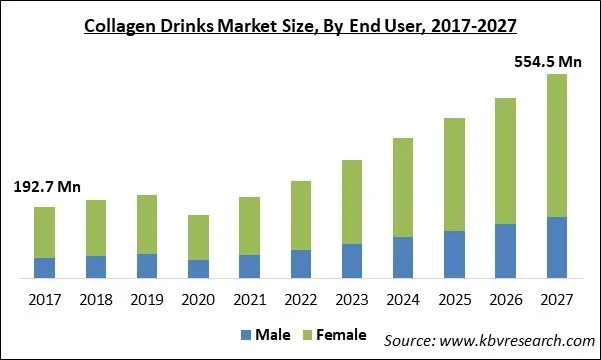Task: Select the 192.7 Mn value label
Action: pos(47,187)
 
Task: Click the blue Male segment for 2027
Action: pos(556,247)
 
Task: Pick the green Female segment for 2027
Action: pos(556,145)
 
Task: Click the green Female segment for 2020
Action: pos(198,238)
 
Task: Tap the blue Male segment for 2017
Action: pos(44,268)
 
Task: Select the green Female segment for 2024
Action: pos(403,187)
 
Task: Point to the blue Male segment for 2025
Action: pos(454,254)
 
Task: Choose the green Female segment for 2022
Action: pos(300,215)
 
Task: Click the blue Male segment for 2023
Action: pos(352,261)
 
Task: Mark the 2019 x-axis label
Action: pos(147,299)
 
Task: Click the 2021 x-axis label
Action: pos(249,299)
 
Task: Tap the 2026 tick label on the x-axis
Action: pos(505,299)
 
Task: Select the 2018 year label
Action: pos(96,299)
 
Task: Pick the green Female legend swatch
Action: pos(308,335)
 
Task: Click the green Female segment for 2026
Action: pos(505,161)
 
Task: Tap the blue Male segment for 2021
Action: pos(249,266)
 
